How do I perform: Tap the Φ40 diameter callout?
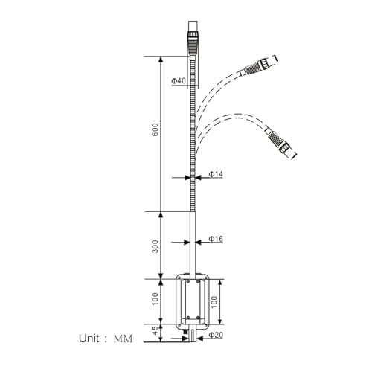point(178,80)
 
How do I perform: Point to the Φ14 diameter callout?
point(216,174)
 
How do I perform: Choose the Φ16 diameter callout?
point(216,239)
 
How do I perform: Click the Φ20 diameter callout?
point(216,336)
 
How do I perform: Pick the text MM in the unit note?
point(123,339)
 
